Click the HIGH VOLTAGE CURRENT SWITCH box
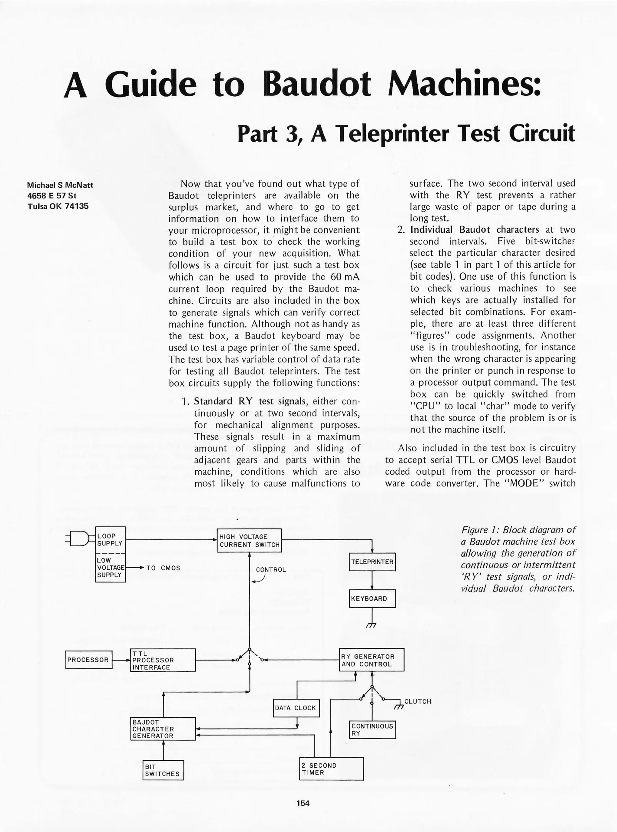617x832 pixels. (x=249, y=540)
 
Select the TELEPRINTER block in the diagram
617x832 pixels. (x=372, y=562)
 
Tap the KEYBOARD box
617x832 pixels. (x=372, y=599)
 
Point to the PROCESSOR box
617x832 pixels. (x=89, y=660)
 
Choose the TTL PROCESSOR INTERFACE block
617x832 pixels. (x=163, y=660)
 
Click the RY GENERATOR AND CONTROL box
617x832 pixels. (x=372, y=660)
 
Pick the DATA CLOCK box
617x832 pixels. (x=296, y=708)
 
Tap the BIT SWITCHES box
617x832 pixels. (x=163, y=770)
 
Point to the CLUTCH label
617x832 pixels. (x=417, y=702)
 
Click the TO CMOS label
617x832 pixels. (x=163, y=568)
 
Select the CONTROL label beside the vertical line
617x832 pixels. (x=271, y=570)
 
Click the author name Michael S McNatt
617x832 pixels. (x=60, y=185)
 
